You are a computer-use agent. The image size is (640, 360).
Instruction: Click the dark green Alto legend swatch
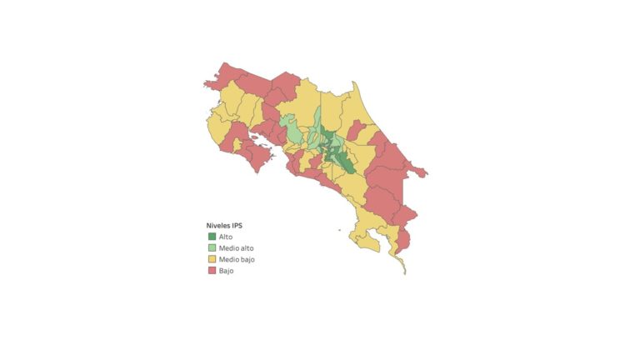click(212, 237)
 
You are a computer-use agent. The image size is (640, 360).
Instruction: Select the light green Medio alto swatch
click(212, 248)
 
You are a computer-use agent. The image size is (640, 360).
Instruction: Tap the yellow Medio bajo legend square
click(212, 260)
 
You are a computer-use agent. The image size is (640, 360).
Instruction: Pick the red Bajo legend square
click(212, 272)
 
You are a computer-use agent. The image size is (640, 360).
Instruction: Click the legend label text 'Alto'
click(226, 237)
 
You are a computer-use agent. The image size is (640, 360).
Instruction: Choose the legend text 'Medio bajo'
click(237, 260)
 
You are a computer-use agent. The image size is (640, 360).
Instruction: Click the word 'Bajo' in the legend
click(226, 272)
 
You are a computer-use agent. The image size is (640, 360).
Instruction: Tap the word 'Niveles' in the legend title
click(218, 225)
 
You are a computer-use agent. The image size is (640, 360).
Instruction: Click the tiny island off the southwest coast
click(339, 231)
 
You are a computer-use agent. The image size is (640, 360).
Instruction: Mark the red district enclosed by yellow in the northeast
click(357, 130)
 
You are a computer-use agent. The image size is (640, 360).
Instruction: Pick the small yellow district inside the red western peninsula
click(237, 144)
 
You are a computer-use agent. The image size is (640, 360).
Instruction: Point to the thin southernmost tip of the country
click(403, 268)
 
